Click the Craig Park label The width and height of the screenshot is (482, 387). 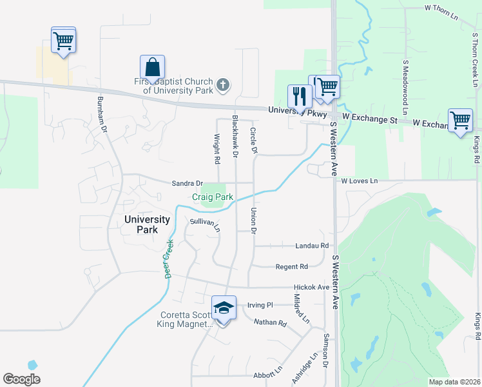click(212, 197)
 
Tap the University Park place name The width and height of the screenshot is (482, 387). click(147, 224)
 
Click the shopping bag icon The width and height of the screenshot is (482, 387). click(152, 66)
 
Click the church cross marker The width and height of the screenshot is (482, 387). click(222, 84)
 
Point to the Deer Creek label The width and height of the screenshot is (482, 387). click(168, 259)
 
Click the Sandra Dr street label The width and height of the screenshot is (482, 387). click(187, 183)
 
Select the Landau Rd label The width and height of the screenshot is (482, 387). click(311, 246)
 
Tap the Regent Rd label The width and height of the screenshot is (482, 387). click(291, 266)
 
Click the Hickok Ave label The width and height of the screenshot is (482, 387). click(311, 287)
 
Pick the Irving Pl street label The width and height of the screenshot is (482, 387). click(260, 304)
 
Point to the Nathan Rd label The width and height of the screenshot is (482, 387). click(269, 322)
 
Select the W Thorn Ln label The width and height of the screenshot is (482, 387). click(441, 8)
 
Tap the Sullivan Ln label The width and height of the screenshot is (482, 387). click(205, 224)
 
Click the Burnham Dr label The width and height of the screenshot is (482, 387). click(101, 114)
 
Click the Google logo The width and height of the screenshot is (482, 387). click(21, 379)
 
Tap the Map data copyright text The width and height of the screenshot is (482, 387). click(454, 382)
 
